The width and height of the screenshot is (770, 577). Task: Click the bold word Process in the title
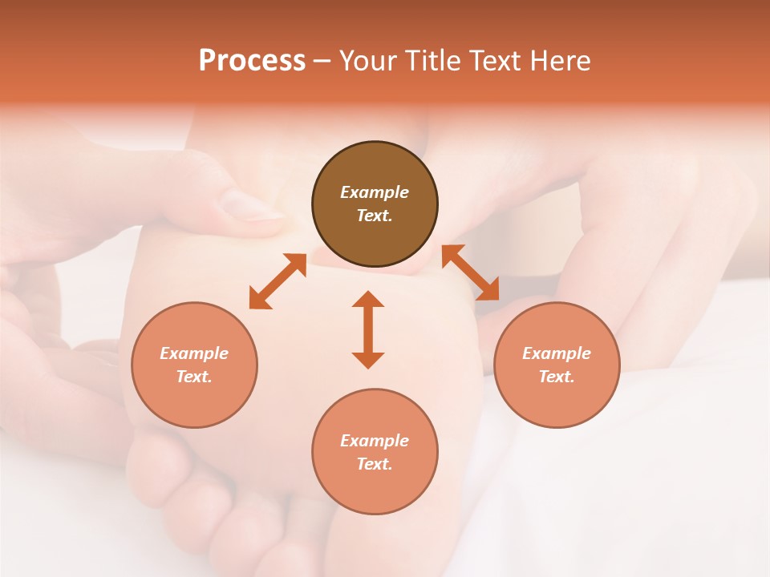pyautogui.click(x=252, y=61)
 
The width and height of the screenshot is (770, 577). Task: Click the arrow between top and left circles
pyautogui.click(x=278, y=281)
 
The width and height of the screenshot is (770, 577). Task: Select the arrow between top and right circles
pyautogui.click(x=471, y=272)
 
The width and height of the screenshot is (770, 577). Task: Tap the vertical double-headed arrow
pyautogui.click(x=368, y=329)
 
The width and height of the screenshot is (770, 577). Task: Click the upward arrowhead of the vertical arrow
pyautogui.click(x=368, y=299)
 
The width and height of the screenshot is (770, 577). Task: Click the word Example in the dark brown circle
pyautogui.click(x=375, y=192)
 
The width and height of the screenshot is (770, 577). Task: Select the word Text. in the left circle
pyautogui.click(x=194, y=377)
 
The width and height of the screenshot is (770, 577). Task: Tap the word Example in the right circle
pyautogui.click(x=557, y=353)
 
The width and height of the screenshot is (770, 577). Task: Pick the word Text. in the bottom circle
pyautogui.click(x=375, y=464)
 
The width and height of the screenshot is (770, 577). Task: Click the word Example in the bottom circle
pyautogui.click(x=375, y=441)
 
